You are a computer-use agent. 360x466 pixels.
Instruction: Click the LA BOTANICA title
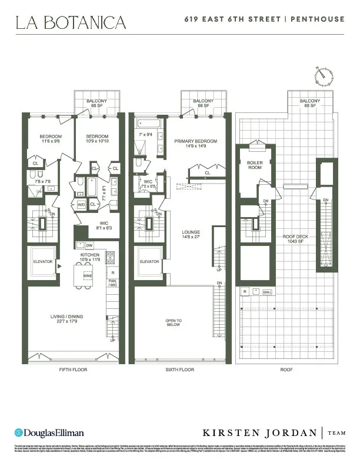pos(71,23)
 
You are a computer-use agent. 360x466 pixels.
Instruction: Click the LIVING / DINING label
pos(67,317)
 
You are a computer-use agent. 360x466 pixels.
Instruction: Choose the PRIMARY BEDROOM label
pos(195,141)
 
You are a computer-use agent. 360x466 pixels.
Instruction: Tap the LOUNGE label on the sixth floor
pos(192,232)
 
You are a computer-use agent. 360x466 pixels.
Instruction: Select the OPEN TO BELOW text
pos(174,322)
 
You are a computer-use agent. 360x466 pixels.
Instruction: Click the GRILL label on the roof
pos(266,291)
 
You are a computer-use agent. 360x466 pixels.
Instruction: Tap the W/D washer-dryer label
pos(80,205)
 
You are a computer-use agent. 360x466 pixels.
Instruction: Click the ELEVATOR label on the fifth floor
pos(42,261)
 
